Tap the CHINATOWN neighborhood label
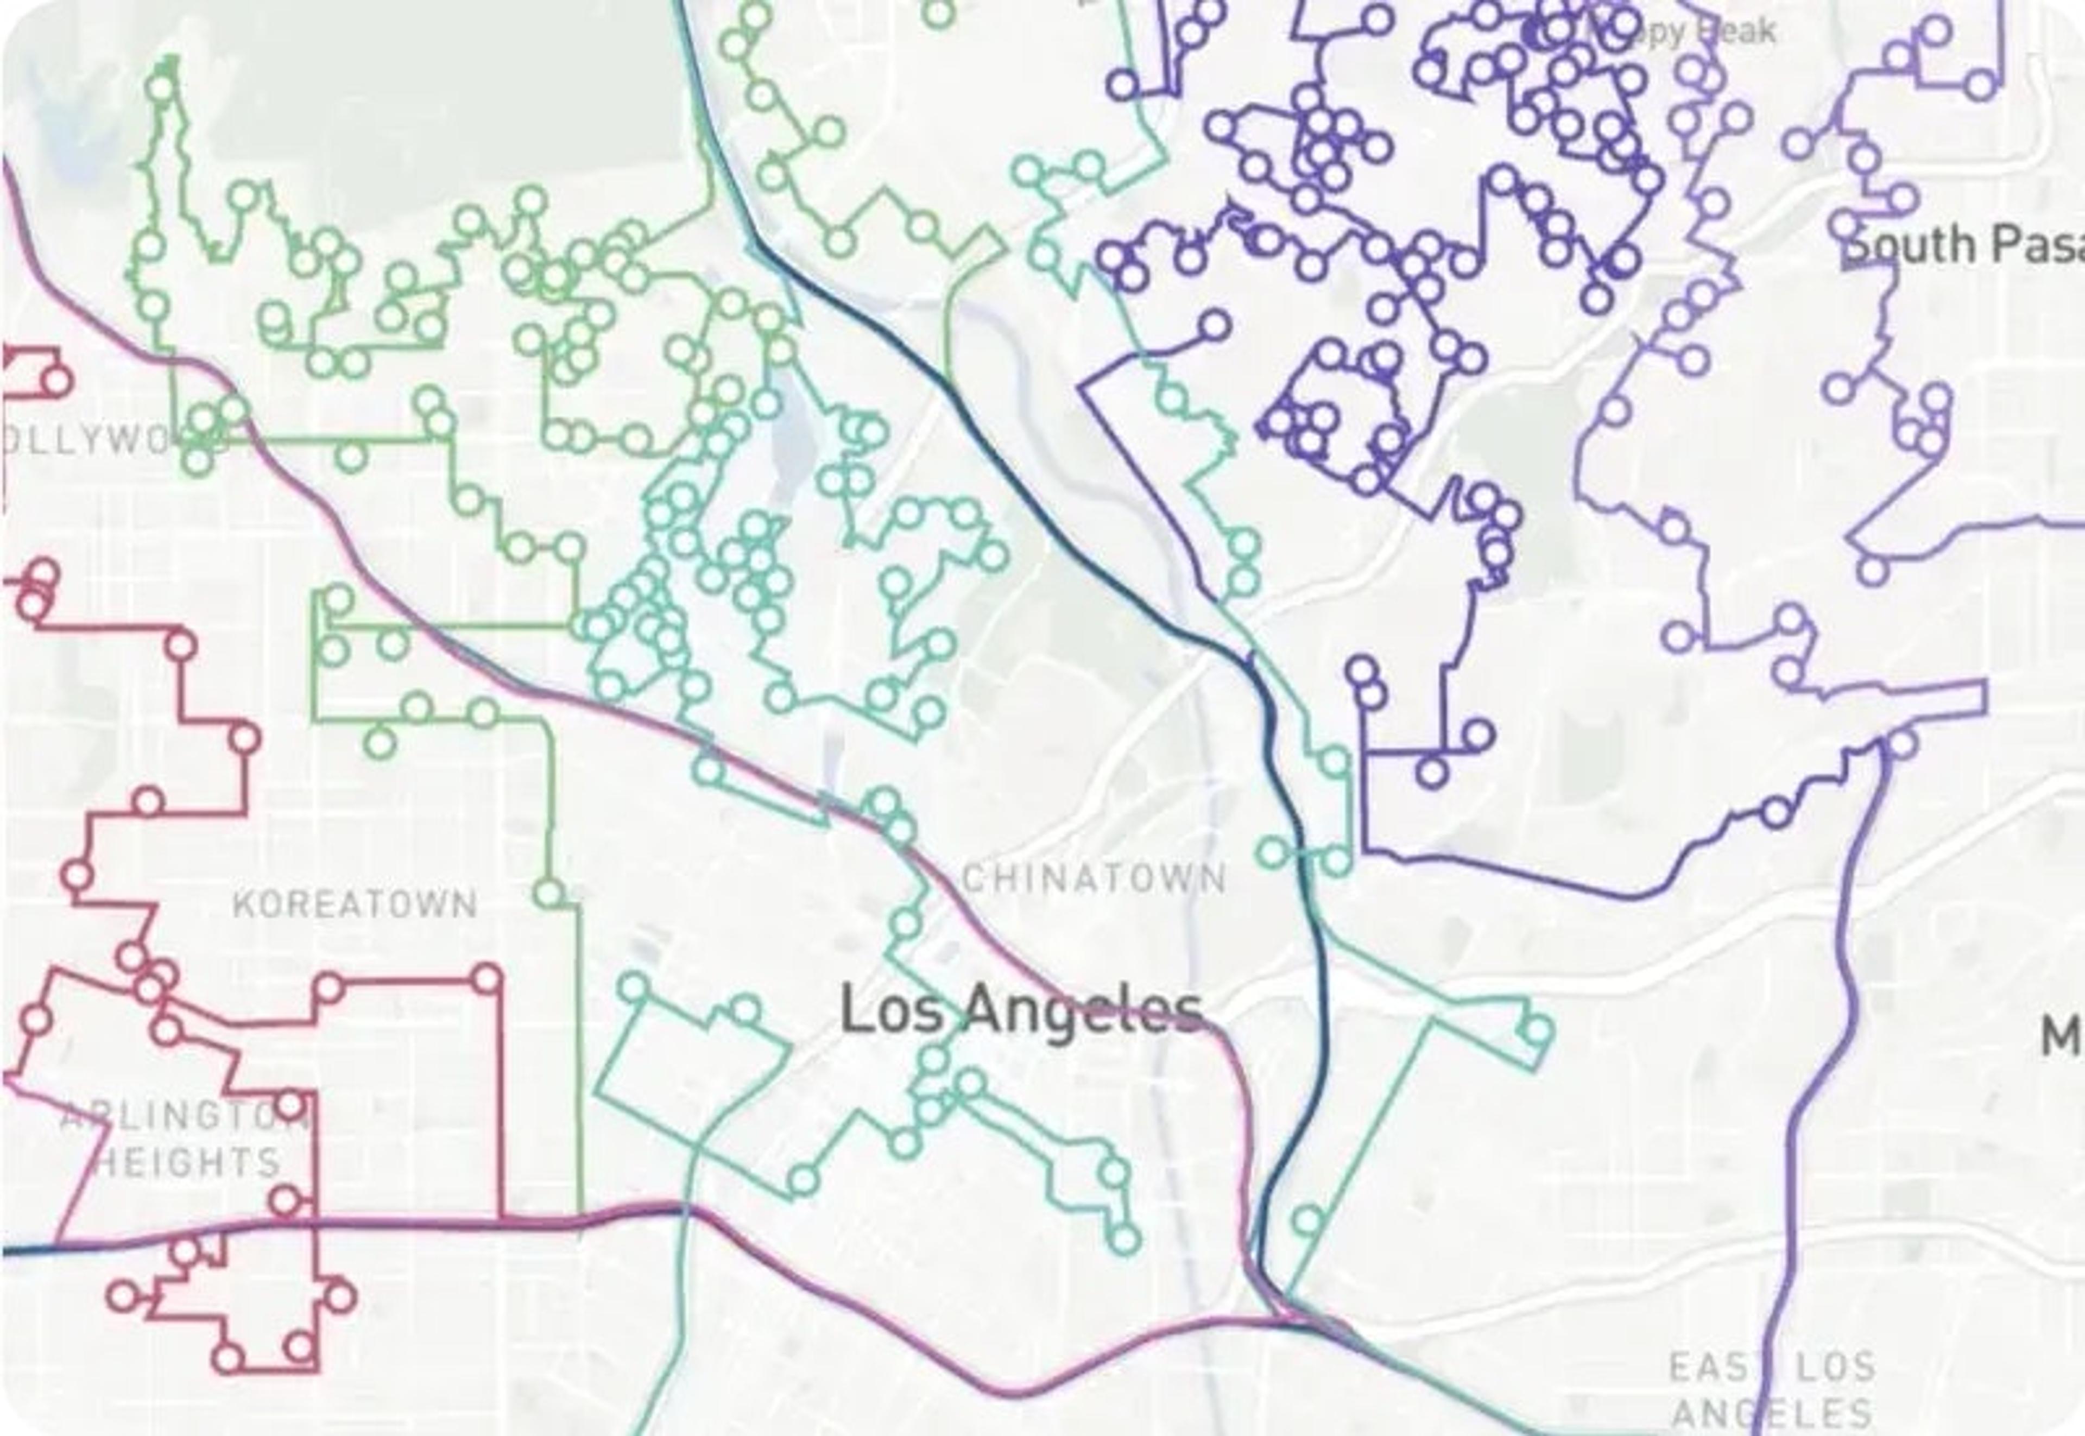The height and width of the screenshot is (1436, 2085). pos(1094,878)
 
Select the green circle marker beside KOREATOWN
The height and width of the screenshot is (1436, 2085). pos(549,894)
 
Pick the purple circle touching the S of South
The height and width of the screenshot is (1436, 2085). pos(1844,227)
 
